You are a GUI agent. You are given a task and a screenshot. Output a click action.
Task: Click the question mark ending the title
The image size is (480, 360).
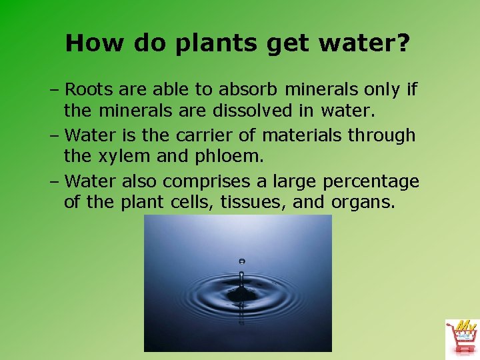(x=403, y=43)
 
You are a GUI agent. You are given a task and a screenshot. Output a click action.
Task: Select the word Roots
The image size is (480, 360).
(x=94, y=89)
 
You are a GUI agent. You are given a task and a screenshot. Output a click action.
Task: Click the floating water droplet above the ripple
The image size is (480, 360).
(x=241, y=261)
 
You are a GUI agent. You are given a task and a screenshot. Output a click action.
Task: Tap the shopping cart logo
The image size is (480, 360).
(x=462, y=338)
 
